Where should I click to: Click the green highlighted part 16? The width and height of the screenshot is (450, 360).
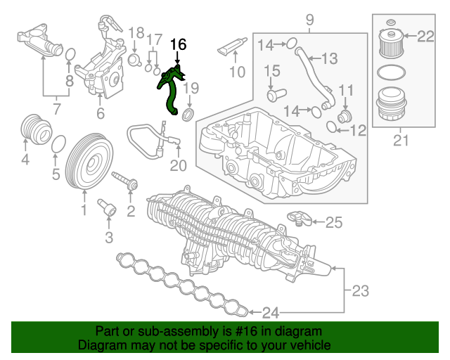pyautogui.click(x=169, y=91)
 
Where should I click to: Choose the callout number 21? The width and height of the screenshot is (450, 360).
pyautogui.click(x=401, y=141)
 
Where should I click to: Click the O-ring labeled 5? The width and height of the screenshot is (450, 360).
pyautogui.click(x=60, y=143)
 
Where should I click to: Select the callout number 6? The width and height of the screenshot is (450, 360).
pyautogui.click(x=100, y=113)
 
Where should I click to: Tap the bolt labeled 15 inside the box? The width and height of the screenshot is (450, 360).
pyautogui.click(x=273, y=92)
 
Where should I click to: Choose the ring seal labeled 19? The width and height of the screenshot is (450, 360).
pyautogui.click(x=188, y=113)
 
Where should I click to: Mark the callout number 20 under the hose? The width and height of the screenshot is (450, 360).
pyautogui.click(x=179, y=166)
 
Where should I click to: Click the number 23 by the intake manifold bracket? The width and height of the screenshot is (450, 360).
pyautogui.click(x=359, y=289)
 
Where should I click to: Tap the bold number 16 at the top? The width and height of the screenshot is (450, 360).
pyautogui.click(x=179, y=44)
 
